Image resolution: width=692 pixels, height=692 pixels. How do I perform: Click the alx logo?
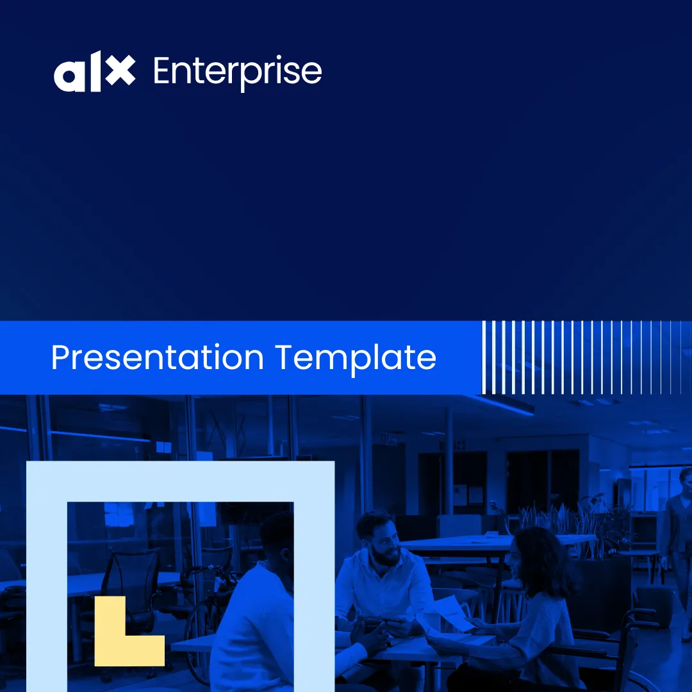94,72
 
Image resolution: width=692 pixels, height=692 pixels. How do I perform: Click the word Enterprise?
238,72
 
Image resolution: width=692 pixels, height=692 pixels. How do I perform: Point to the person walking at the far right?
678,552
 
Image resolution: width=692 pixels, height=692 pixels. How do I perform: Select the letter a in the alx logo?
69,76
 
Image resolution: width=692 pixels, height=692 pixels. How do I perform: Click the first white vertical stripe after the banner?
484,357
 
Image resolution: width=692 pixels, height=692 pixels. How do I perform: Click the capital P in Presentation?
60,358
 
